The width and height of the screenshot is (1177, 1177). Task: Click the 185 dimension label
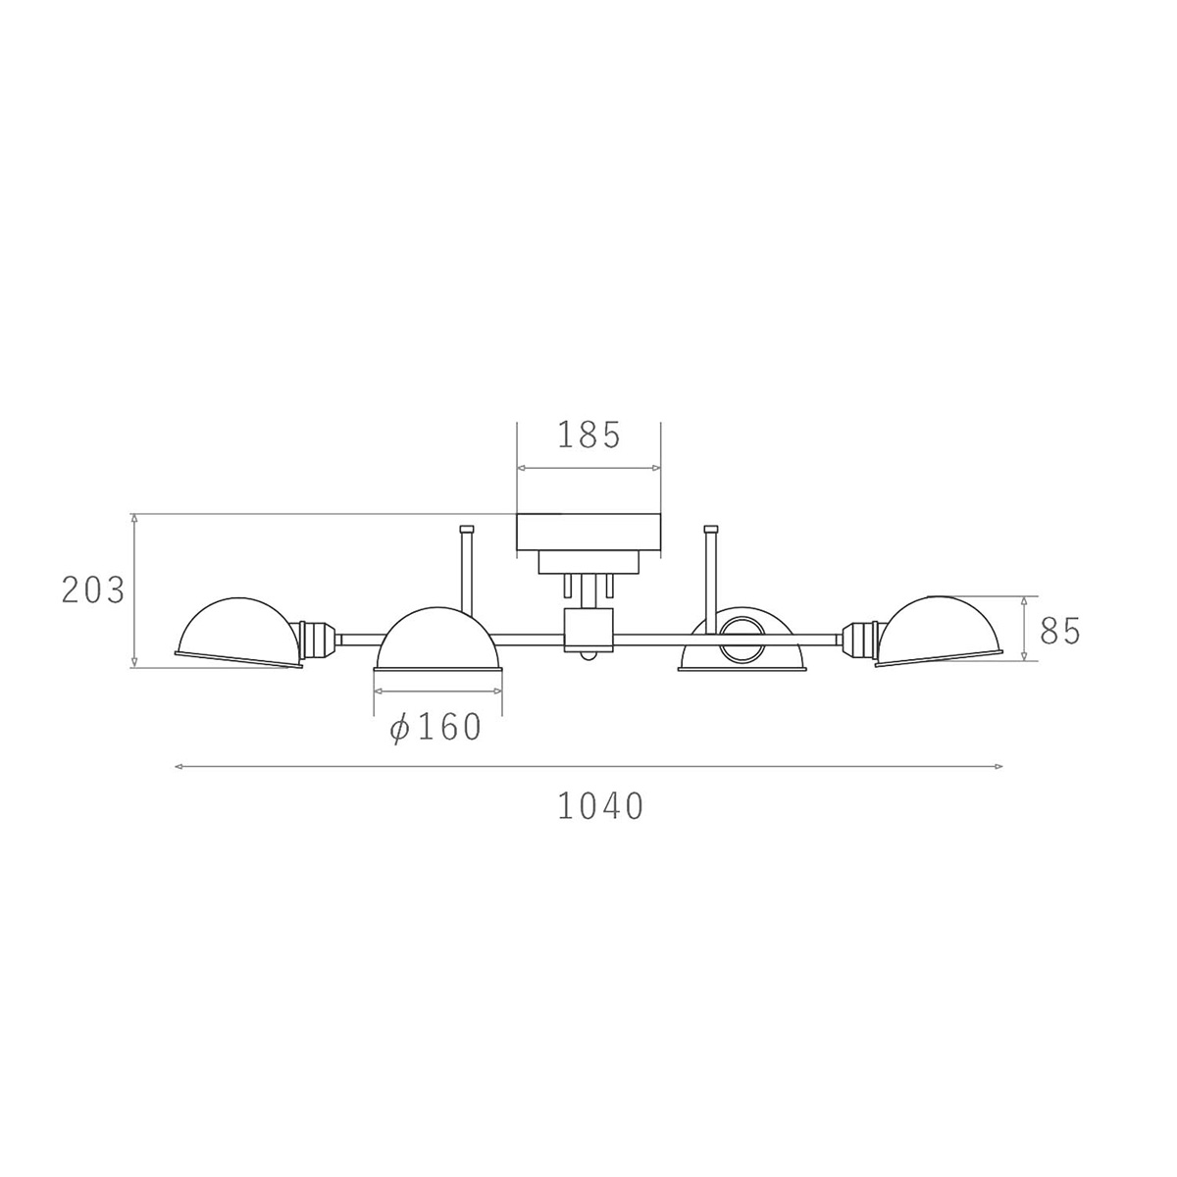coord(588,435)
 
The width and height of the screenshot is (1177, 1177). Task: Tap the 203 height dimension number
coord(93,590)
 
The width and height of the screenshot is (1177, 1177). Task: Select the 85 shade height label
coord(1060,631)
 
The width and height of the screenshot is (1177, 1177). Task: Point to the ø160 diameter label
coord(436,728)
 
